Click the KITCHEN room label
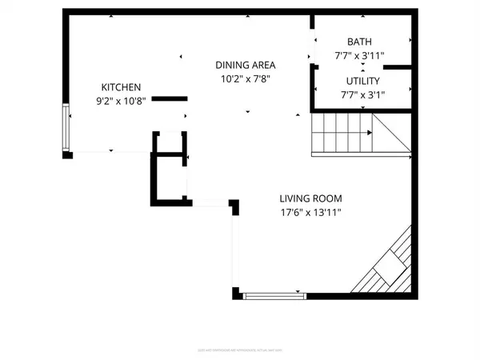121,87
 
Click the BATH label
360,42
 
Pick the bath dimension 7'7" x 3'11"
360,56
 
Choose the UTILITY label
362,82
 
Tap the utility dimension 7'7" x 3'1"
362,95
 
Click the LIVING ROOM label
311,198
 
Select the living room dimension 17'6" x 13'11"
311,213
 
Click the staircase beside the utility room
342,132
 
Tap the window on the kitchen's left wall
66,126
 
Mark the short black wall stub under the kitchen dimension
170,99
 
